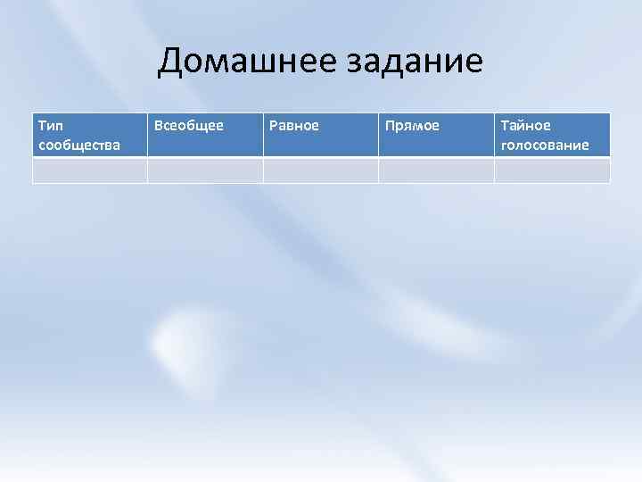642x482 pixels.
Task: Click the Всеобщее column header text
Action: click(188, 126)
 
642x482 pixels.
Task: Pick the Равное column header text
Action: click(293, 126)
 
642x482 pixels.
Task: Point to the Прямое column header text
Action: click(411, 126)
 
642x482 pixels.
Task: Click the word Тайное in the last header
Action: click(525, 126)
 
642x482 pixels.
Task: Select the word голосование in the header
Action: click(545, 145)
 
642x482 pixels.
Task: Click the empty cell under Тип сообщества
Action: click(90, 170)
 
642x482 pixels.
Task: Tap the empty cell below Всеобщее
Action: click(205, 170)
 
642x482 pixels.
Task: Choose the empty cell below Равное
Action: click(321, 170)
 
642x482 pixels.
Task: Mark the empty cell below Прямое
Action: click(436, 170)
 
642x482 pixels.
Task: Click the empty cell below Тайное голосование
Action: click(552, 170)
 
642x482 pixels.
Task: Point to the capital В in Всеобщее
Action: click(159, 126)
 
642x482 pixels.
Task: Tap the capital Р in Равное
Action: click(273, 126)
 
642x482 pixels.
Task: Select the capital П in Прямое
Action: click(389, 126)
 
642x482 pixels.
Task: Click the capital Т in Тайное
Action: click(505, 126)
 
